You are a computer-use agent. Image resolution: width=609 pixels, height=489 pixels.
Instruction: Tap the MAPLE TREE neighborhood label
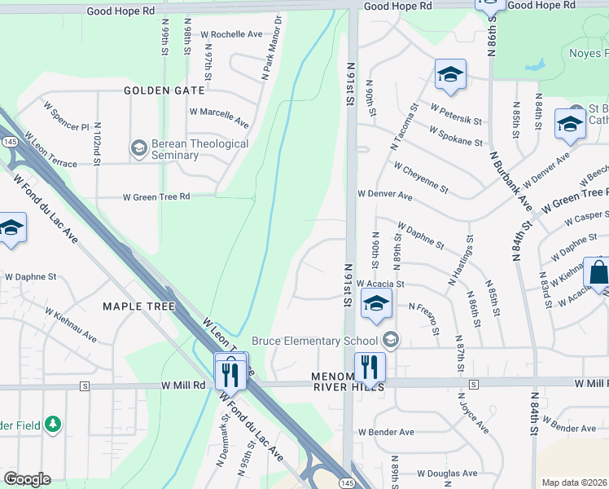(x=138, y=306)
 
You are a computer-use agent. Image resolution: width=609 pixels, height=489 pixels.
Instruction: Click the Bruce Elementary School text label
(x=314, y=341)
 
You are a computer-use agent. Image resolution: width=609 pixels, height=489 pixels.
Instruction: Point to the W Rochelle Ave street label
(x=231, y=34)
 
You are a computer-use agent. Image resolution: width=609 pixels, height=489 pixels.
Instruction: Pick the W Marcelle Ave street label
(x=219, y=117)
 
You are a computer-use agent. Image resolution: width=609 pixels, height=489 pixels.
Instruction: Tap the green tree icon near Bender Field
(x=53, y=424)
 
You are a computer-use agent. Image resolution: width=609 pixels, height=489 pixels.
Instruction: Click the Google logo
(x=27, y=479)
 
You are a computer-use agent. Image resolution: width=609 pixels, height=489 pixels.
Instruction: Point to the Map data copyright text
(x=574, y=482)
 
